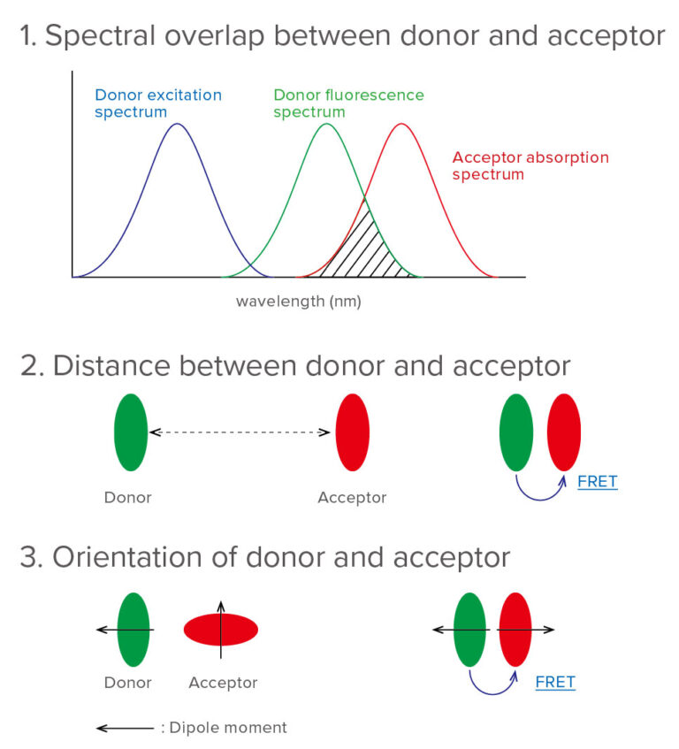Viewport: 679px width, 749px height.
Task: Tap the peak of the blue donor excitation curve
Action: click(x=178, y=124)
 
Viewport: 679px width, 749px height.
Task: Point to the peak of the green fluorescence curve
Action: click(x=326, y=124)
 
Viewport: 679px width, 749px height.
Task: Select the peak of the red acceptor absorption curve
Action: click(x=401, y=124)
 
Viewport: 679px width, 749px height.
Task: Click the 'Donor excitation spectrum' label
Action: click(x=158, y=103)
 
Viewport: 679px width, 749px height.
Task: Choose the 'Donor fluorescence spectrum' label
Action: click(x=348, y=103)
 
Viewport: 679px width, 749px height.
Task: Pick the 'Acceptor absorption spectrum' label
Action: click(x=530, y=165)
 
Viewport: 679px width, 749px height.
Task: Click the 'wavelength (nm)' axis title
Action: click(x=298, y=302)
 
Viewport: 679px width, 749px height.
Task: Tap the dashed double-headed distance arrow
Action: click(x=240, y=432)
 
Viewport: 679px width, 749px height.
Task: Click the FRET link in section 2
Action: click(x=597, y=482)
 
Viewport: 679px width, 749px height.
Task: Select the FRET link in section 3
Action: click(x=555, y=682)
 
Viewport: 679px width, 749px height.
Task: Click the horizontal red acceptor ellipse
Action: click(x=221, y=630)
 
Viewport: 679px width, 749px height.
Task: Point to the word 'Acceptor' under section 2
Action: click(x=352, y=498)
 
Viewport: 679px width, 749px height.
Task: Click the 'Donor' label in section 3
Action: click(x=128, y=683)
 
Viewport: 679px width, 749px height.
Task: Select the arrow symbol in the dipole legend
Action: click(x=124, y=728)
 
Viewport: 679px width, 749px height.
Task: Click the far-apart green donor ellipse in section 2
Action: click(x=131, y=432)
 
